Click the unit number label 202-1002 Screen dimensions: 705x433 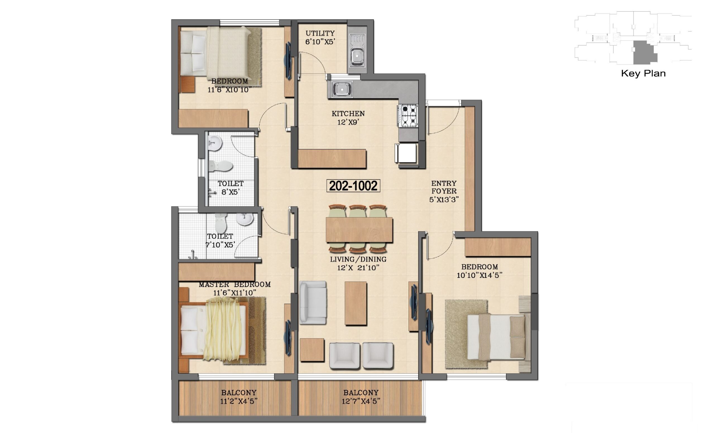click(353, 186)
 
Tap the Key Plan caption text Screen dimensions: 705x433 click(643, 73)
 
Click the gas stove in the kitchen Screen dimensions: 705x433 click(407, 116)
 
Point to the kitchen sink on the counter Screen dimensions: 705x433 click(342, 89)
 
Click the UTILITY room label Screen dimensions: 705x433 click(320, 33)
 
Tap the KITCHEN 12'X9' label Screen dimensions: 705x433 click(348, 118)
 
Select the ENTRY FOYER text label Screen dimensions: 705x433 click(444, 187)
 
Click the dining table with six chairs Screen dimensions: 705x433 click(359, 229)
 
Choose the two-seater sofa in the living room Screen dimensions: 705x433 click(313, 303)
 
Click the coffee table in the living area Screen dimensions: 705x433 click(356, 303)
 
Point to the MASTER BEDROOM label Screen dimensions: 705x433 click(235, 284)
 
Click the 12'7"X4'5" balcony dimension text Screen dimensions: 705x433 click(361, 401)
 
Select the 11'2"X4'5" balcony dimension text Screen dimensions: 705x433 click(238, 401)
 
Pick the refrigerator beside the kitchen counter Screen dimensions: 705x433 click(406, 154)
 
